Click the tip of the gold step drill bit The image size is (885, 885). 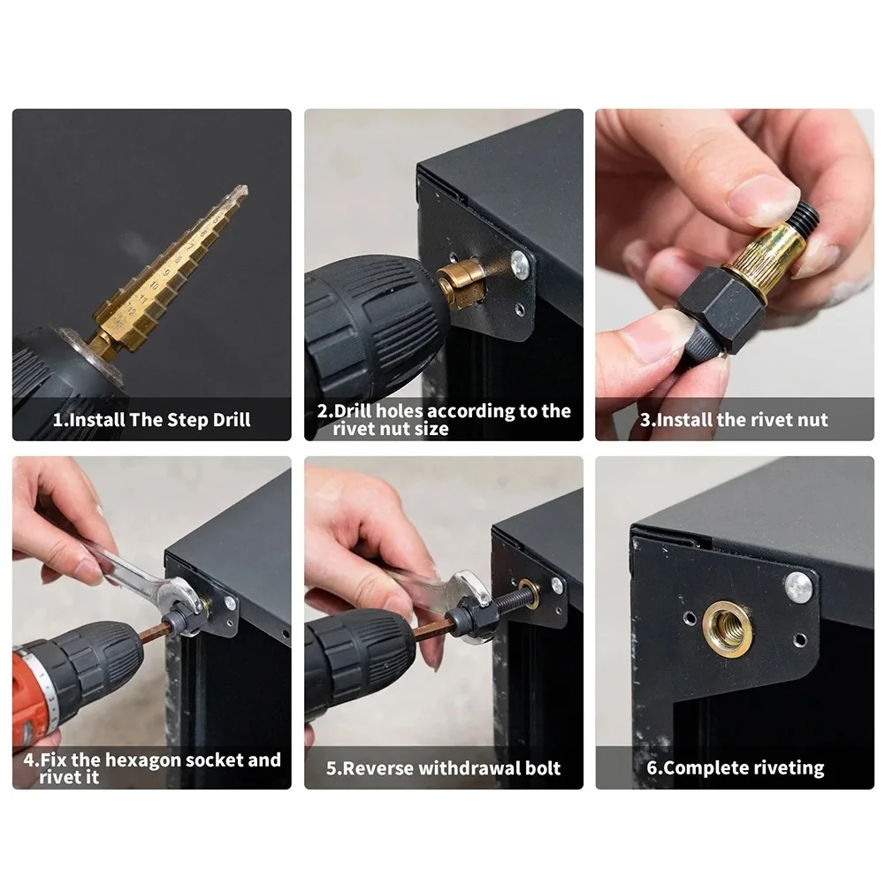click(x=244, y=187)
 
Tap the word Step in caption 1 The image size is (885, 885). click(x=189, y=420)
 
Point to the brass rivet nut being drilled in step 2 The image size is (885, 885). click(x=460, y=283)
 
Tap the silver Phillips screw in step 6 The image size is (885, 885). click(x=799, y=586)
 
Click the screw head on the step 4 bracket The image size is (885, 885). click(x=230, y=603)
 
